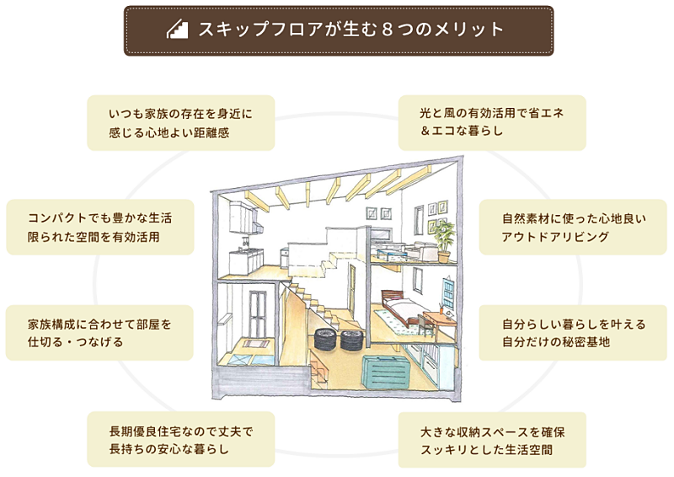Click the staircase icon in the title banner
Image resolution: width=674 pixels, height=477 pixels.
click(177, 30)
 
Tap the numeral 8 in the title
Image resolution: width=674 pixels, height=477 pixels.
click(387, 29)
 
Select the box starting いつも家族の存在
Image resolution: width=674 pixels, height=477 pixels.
click(181, 123)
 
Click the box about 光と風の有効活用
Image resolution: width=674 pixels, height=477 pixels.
click(492, 123)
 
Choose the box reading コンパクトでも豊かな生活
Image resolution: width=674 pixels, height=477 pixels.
click(100, 227)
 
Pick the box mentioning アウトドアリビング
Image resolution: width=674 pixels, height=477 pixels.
click(573, 227)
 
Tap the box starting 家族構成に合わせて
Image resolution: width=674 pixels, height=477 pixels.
click(99, 333)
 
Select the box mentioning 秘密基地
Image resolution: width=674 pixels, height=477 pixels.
click(573, 333)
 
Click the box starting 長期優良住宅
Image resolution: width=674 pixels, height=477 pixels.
click(181, 439)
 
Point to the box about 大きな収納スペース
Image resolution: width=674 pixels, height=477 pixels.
click(492, 440)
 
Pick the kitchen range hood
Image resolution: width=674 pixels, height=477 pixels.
click(258, 228)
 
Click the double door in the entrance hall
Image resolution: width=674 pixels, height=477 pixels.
click(258, 314)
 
